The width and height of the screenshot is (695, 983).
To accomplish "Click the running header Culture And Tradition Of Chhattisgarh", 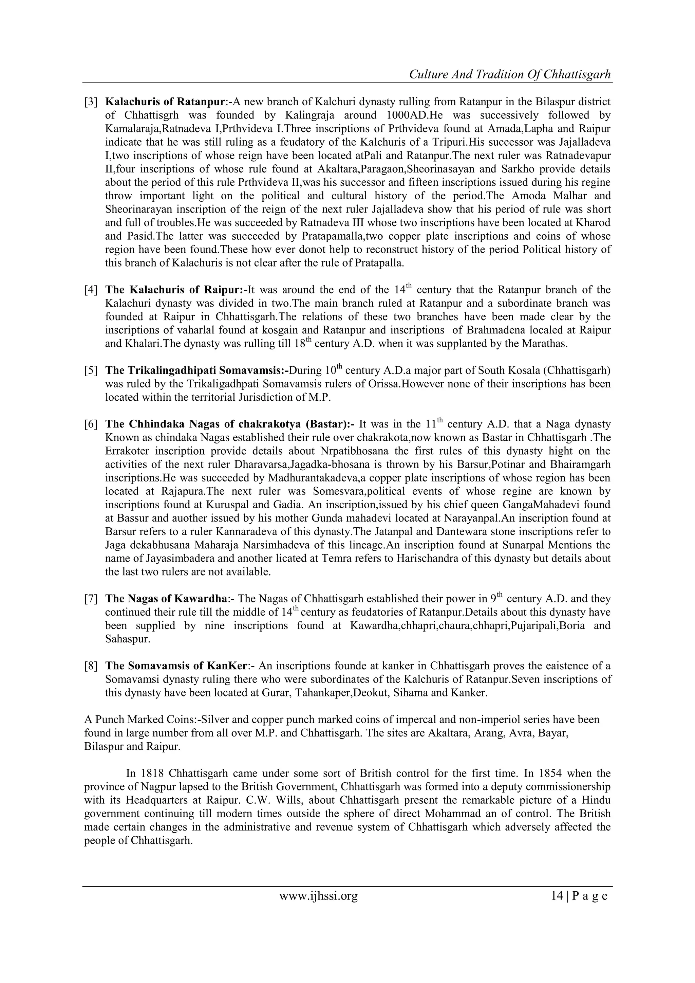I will pos(510,74).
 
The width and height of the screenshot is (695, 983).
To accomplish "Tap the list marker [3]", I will pos(91,102).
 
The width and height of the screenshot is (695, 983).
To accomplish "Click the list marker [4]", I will pos(91,290).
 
